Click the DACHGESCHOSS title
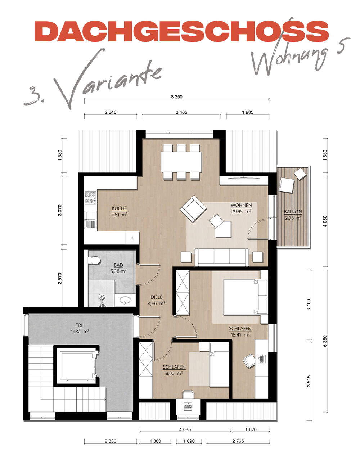click(x=181, y=31)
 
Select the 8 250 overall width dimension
click(x=176, y=96)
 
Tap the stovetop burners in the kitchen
click(x=90, y=198)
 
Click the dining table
click(x=181, y=162)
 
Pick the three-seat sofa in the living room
click(x=222, y=257)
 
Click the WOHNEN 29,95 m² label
click(x=241, y=208)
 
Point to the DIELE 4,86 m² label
click(x=156, y=300)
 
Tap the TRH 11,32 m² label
click(x=80, y=328)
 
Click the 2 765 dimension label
click(x=238, y=441)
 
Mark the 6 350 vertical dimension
click(x=325, y=344)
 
